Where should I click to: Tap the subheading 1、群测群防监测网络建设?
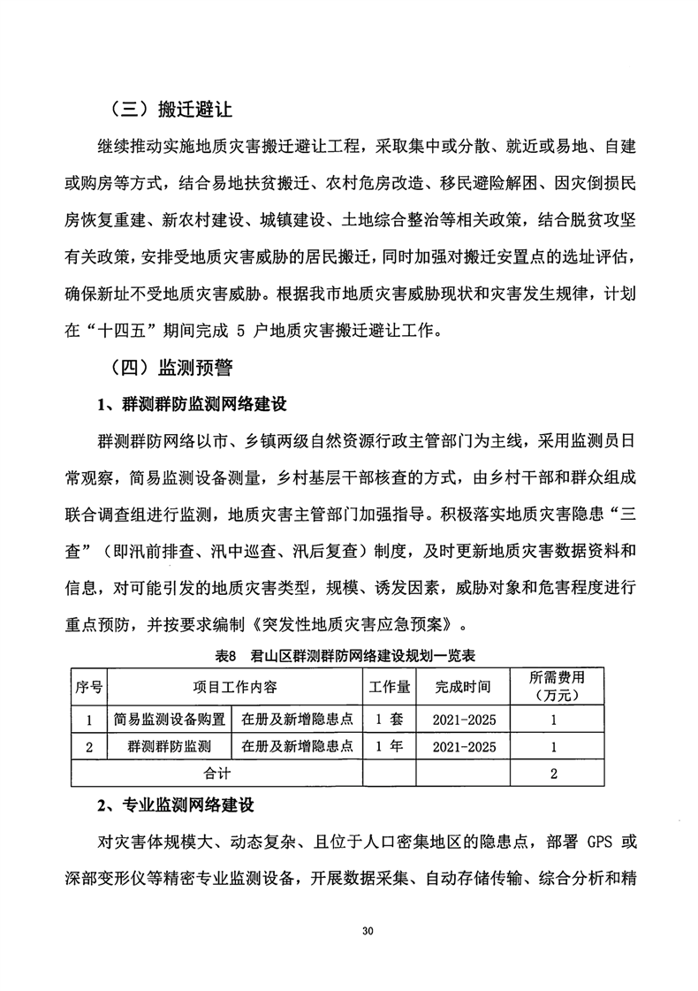click(x=193, y=405)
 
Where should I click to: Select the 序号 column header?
click(x=87, y=687)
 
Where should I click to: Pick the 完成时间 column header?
click(x=463, y=687)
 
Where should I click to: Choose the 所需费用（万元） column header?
click(x=554, y=687)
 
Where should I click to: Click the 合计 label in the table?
click(x=216, y=774)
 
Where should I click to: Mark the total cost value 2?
click(x=554, y=774)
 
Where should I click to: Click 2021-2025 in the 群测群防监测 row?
click(x=463, y=747)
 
